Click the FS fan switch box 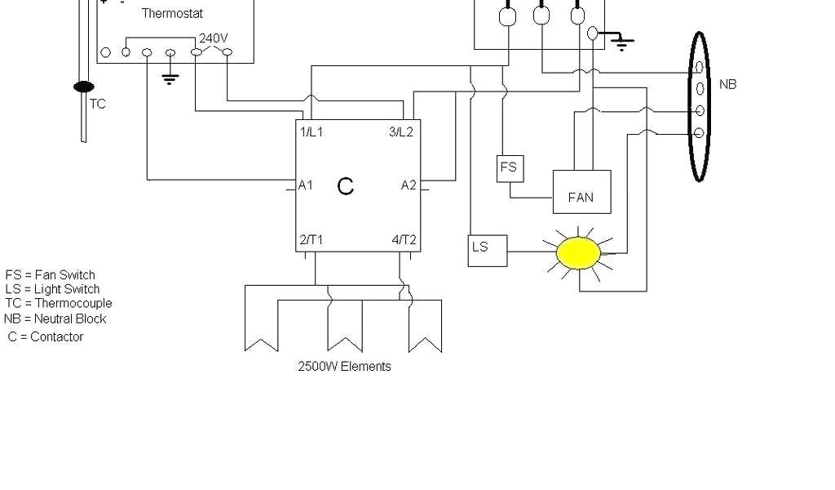tap(509, 168)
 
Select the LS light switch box tap(487, 250)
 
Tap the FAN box tap(581, 193)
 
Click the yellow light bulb tap(578, 253)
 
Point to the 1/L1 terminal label tap(311, 131)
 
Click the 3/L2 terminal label tap(401, 131)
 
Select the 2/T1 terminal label tap(311, 239)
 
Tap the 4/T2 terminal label tap(404, 239)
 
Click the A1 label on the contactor tap(305, 185)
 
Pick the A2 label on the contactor tap(409, 185)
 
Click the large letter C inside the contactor tap(345, 187)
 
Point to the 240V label tap(213, 38)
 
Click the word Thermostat tap(172, 13)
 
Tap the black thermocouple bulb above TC tap(83, 87)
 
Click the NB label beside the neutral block tap(727, 84)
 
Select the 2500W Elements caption tap(344, 366)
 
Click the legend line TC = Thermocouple tap(58, 303)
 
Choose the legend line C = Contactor tap(46, 336)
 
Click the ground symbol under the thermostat tap(170, 78)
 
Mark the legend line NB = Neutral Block tap(55, 318)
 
